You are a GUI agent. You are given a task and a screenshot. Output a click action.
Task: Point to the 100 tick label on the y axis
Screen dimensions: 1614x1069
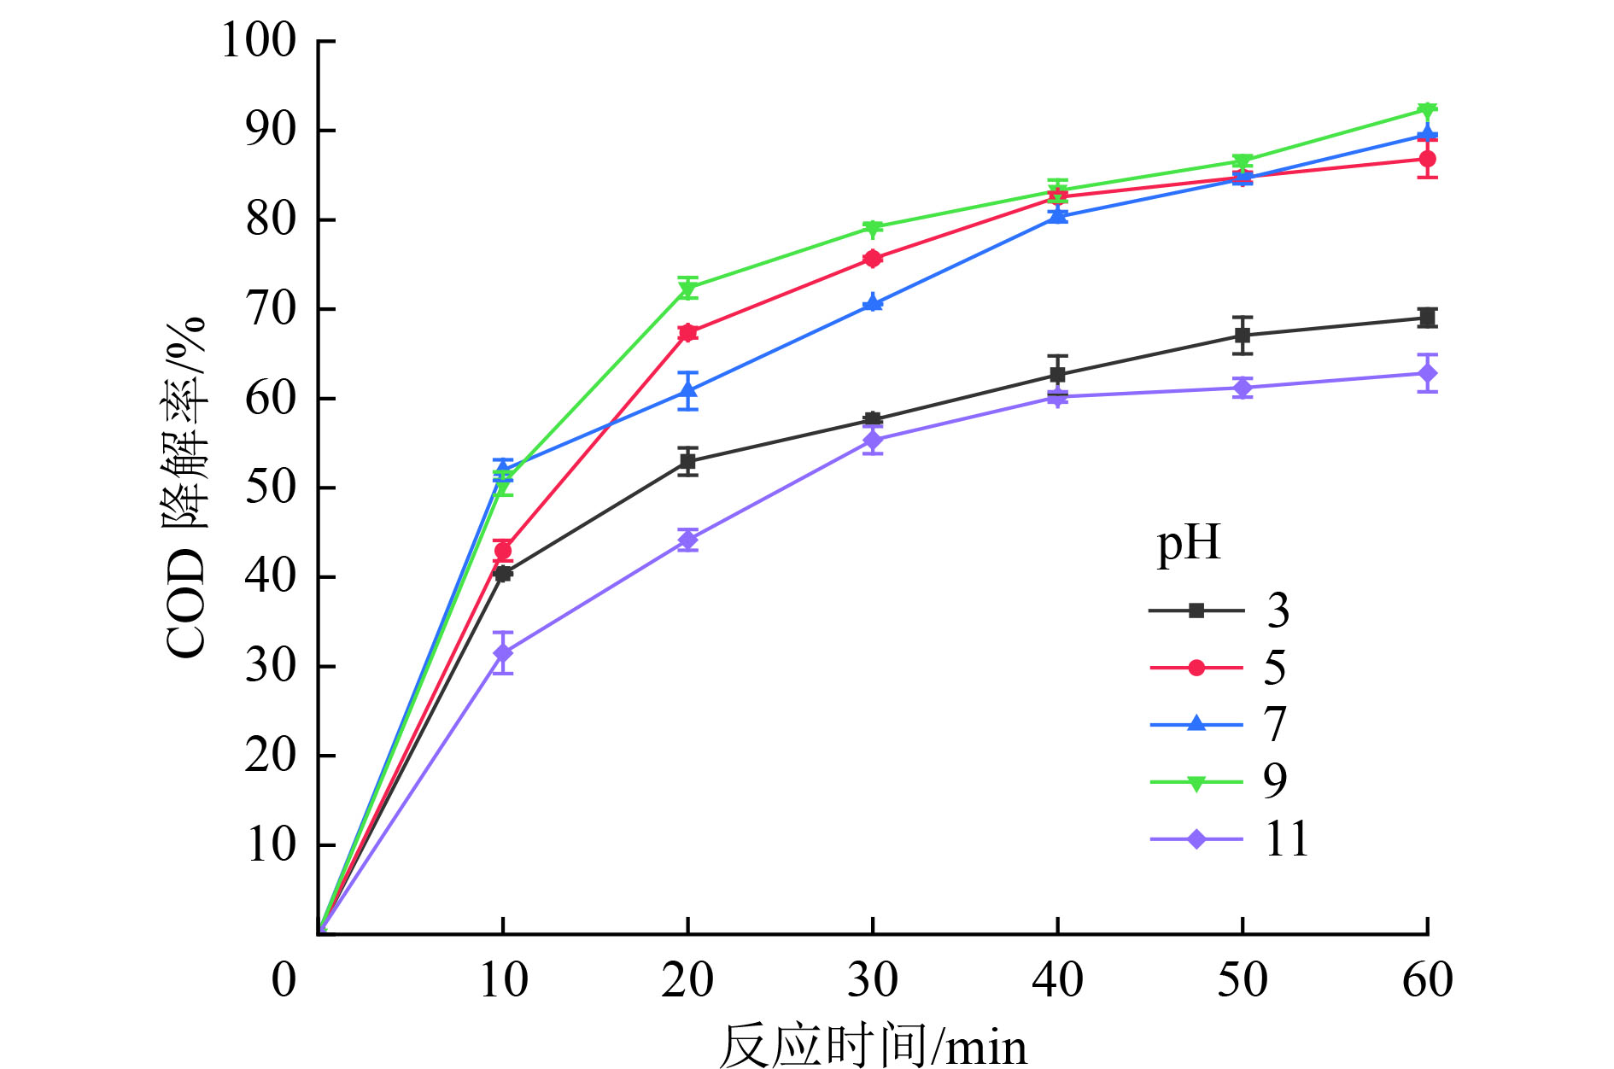(x=259, y=40)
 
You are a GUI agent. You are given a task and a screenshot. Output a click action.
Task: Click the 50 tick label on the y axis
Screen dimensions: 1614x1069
(x=271, y=488)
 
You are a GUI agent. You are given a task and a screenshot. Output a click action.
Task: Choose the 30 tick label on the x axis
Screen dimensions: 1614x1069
(x=873, y=979)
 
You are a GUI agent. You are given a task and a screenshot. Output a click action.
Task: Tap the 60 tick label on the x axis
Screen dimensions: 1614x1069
(x=1428, y=979)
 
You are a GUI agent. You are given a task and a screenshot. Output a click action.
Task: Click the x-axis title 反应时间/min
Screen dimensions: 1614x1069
(x=873, y=1046)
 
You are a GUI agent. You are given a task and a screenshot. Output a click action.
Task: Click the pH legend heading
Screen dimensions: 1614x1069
(x=1188, y=544)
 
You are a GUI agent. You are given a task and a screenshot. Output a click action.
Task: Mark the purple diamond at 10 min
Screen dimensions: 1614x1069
(x=503, y=653)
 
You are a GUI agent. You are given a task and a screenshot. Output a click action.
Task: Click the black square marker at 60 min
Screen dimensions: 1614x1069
(x=1427, y=318)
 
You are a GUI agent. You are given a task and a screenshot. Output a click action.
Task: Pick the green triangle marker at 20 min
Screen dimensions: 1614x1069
(x=687, y=290)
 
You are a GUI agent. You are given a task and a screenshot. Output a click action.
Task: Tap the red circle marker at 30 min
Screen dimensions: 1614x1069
(x=873, y=259)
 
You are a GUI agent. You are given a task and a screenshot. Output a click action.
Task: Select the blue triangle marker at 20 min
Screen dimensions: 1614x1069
(x=687, y=390)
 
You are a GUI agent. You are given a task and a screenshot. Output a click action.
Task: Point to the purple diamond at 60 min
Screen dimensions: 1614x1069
(x=1427, y=373)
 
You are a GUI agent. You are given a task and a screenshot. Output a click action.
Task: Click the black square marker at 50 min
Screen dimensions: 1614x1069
(x=1243, y=336)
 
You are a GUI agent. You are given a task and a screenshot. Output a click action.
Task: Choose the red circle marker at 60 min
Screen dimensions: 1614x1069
(x=1427, y=159)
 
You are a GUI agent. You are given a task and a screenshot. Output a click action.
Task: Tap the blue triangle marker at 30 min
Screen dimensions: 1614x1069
(x=873, y=302)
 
